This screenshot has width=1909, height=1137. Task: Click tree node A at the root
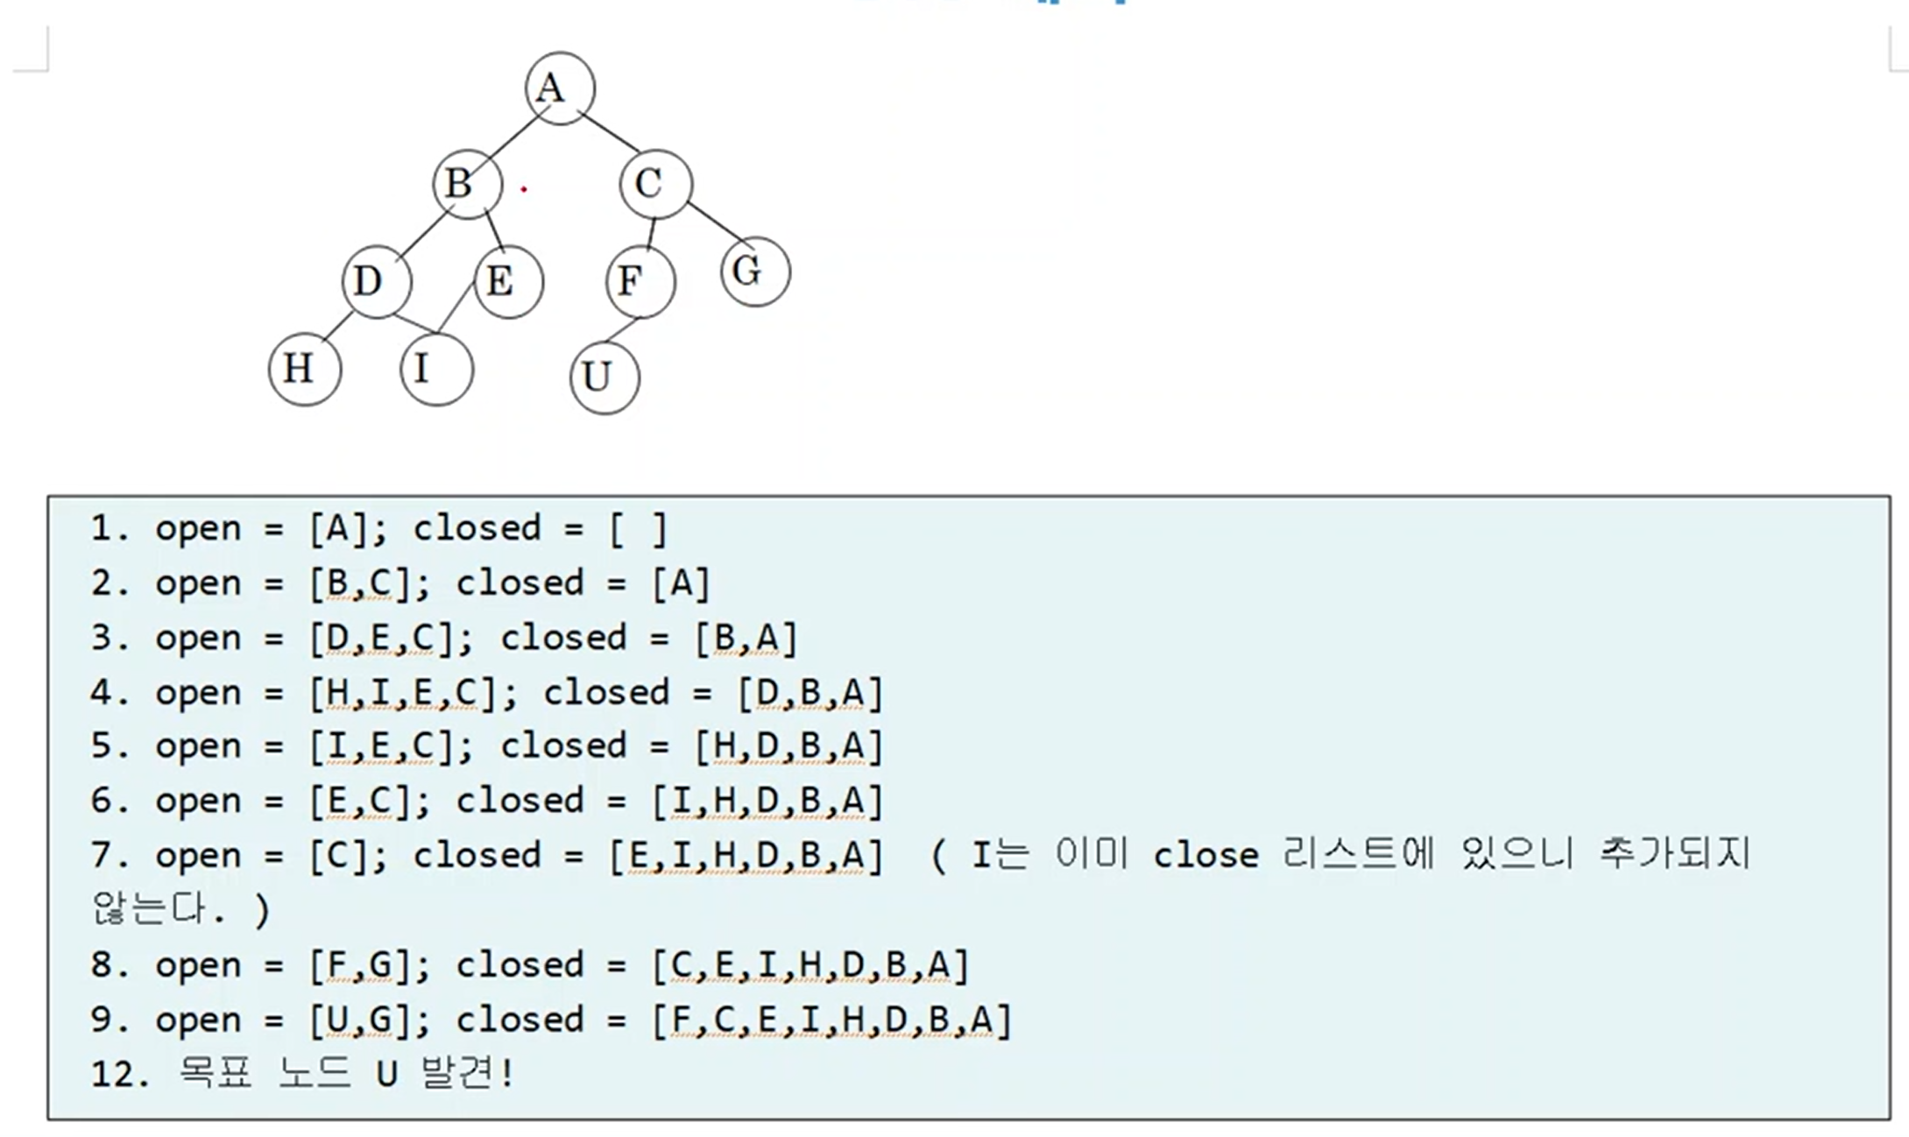coord(560,88)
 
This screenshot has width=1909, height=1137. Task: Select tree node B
coord(468,184)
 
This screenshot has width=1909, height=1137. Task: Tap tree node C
coord(655,184)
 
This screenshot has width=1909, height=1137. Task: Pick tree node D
coord(376,282)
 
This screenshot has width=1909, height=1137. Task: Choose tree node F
coord(640,282)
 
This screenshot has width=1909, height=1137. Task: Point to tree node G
coord(755,272)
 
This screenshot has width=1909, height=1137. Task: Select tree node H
coord(304,369)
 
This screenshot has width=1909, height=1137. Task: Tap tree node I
coord(436,369)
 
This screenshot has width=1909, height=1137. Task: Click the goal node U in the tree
coord(605,378)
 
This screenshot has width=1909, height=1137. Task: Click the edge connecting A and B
coord(513,137)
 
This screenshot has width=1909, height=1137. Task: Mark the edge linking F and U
coord(621,330)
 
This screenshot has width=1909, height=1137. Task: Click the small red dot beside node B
coord(524,188)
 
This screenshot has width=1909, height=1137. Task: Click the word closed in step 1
coord(477,529)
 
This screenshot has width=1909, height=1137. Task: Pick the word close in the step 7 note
coord(1205,856)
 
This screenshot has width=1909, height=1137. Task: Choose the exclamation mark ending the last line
coord(508,1073)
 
